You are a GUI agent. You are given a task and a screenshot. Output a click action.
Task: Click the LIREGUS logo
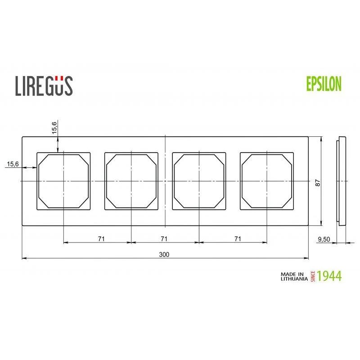coord(44,85)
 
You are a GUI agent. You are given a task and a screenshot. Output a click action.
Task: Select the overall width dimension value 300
coord(164,254)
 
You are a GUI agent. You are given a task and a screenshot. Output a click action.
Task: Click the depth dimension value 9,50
coord(324,239)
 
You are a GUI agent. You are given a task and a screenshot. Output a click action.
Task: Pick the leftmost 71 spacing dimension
coord(101,238)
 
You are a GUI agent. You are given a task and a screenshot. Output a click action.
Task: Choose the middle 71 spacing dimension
coord(164,238)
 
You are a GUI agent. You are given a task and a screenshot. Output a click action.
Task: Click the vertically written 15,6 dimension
coord(54,127)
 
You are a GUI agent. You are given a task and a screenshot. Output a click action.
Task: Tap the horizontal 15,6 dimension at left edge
coord(13,164)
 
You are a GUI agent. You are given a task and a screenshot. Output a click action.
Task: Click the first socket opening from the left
coord(63,181)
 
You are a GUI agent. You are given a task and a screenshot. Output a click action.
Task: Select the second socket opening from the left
coord(131,181)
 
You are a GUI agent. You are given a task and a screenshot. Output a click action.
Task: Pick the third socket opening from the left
coord(199,181)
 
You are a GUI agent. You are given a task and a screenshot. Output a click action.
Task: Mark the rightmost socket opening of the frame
coord(267,181)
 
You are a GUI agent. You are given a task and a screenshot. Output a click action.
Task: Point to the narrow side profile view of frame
coord(342,181)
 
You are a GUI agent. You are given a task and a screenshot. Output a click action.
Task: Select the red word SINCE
coord(312,276)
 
